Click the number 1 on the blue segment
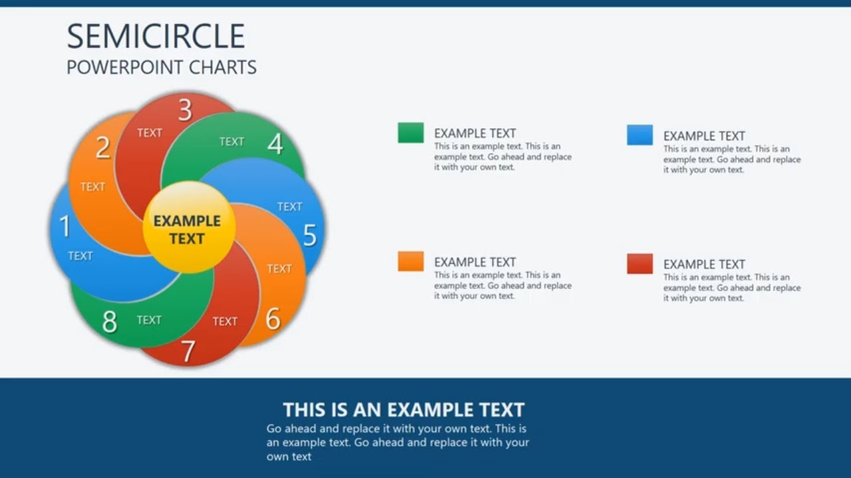tap(65, 226)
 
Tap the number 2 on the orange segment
tap(102, 147)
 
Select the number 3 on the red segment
tap(185, 110)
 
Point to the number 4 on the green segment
tap(275, 143)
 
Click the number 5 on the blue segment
tap(310, 235)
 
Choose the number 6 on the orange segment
tap(273, 319)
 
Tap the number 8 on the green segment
tap(110, 322)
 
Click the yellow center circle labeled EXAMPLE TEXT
tap(188, 228)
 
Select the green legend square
tap(411, 133)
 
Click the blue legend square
tap(640, 135)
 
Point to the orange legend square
tap(411, 261)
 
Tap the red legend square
tap(640, 264)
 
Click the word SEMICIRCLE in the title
tap(156, 36)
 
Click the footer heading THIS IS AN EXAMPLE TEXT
tap(404, 410)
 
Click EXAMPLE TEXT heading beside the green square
tap(475, 133)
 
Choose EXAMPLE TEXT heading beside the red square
tap(704, 264)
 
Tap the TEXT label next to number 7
tap(225, 321)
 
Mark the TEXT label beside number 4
tap(231, 141)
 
